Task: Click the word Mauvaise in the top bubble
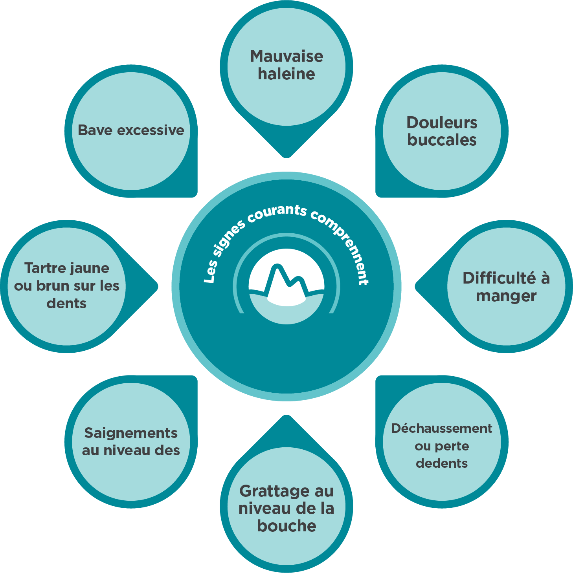pos(286,56)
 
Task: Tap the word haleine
pos(286,74)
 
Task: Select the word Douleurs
pos(442,123)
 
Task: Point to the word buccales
pos(442,140)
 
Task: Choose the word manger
pos(506,296)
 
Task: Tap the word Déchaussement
pos(442,428)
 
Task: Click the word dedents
pos(442,463)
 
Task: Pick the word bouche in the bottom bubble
pos(286,526)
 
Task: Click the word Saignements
pos(131,433)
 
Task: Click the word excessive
pos(151,130)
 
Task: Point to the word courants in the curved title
pos(277,212)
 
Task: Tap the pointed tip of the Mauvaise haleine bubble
pos(286,156)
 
